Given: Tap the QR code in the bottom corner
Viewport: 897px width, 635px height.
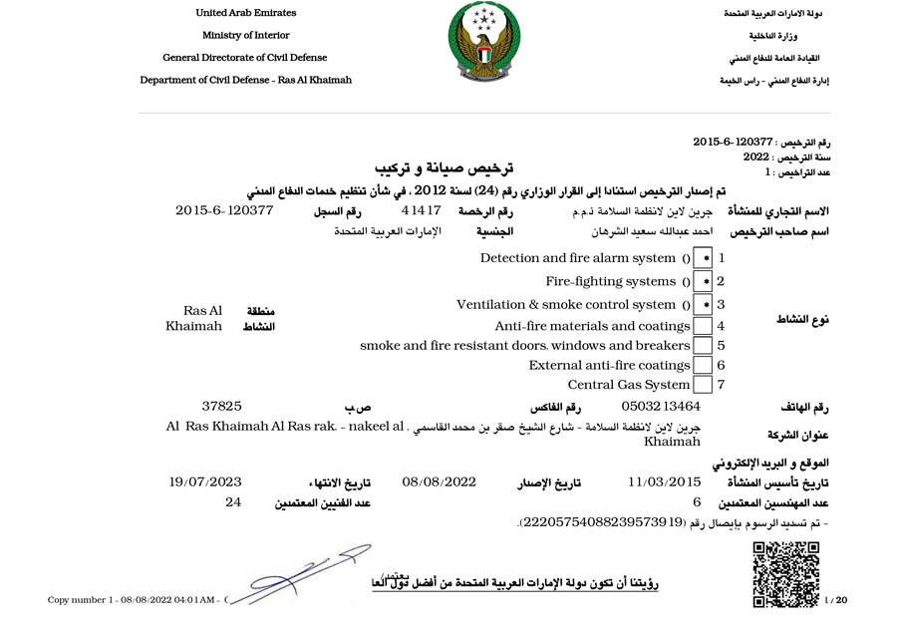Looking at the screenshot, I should (x=785, y=572).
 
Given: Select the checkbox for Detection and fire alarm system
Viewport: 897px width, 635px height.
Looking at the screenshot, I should (x=703, y=258).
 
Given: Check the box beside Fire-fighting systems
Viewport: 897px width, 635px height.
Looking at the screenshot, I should (x=703, y=282).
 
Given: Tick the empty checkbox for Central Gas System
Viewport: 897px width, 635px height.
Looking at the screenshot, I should (x=703, y=385).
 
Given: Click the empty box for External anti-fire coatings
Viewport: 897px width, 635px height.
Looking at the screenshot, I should (x=703, y=366).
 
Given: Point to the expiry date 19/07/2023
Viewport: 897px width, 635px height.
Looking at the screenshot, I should (x=205, y=482).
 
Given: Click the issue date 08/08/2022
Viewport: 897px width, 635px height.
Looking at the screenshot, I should (x=440, y=482).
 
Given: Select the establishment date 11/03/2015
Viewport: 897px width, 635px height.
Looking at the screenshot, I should (x=665, y=482).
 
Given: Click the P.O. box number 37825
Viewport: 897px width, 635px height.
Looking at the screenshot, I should (x=222, y=407).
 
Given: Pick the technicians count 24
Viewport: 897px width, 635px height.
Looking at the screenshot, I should (x=234, y=502).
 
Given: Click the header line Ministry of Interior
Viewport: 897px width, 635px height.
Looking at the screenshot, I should (x=245, y=35).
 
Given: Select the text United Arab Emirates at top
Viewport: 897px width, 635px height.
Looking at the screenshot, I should (x=245, y=12).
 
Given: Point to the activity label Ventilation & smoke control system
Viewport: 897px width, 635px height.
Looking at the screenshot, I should (x=566, y=305).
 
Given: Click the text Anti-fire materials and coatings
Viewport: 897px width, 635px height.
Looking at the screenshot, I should (x=592, y=326).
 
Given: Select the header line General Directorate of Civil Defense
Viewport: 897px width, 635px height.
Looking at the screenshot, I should (x=245, y=58).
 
